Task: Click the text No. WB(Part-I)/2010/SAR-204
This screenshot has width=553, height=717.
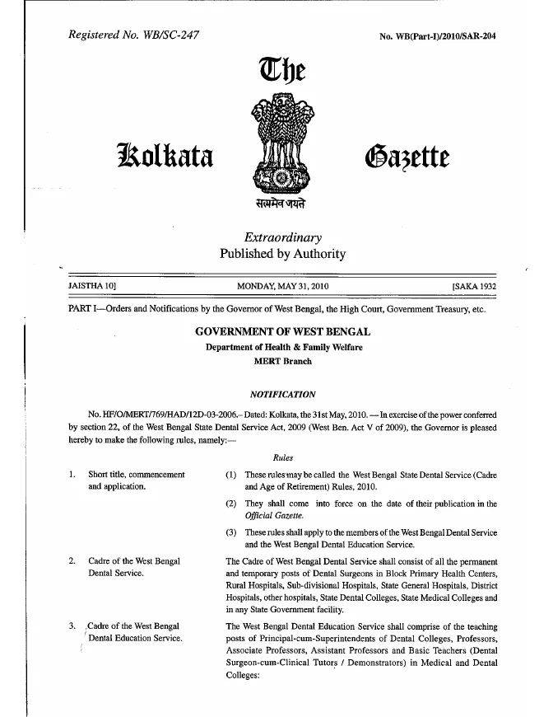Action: (x=434, y=36)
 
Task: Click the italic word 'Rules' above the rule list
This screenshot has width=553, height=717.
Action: (x=282, y=458)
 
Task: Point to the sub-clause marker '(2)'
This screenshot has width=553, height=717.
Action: (x=231, y=504)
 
